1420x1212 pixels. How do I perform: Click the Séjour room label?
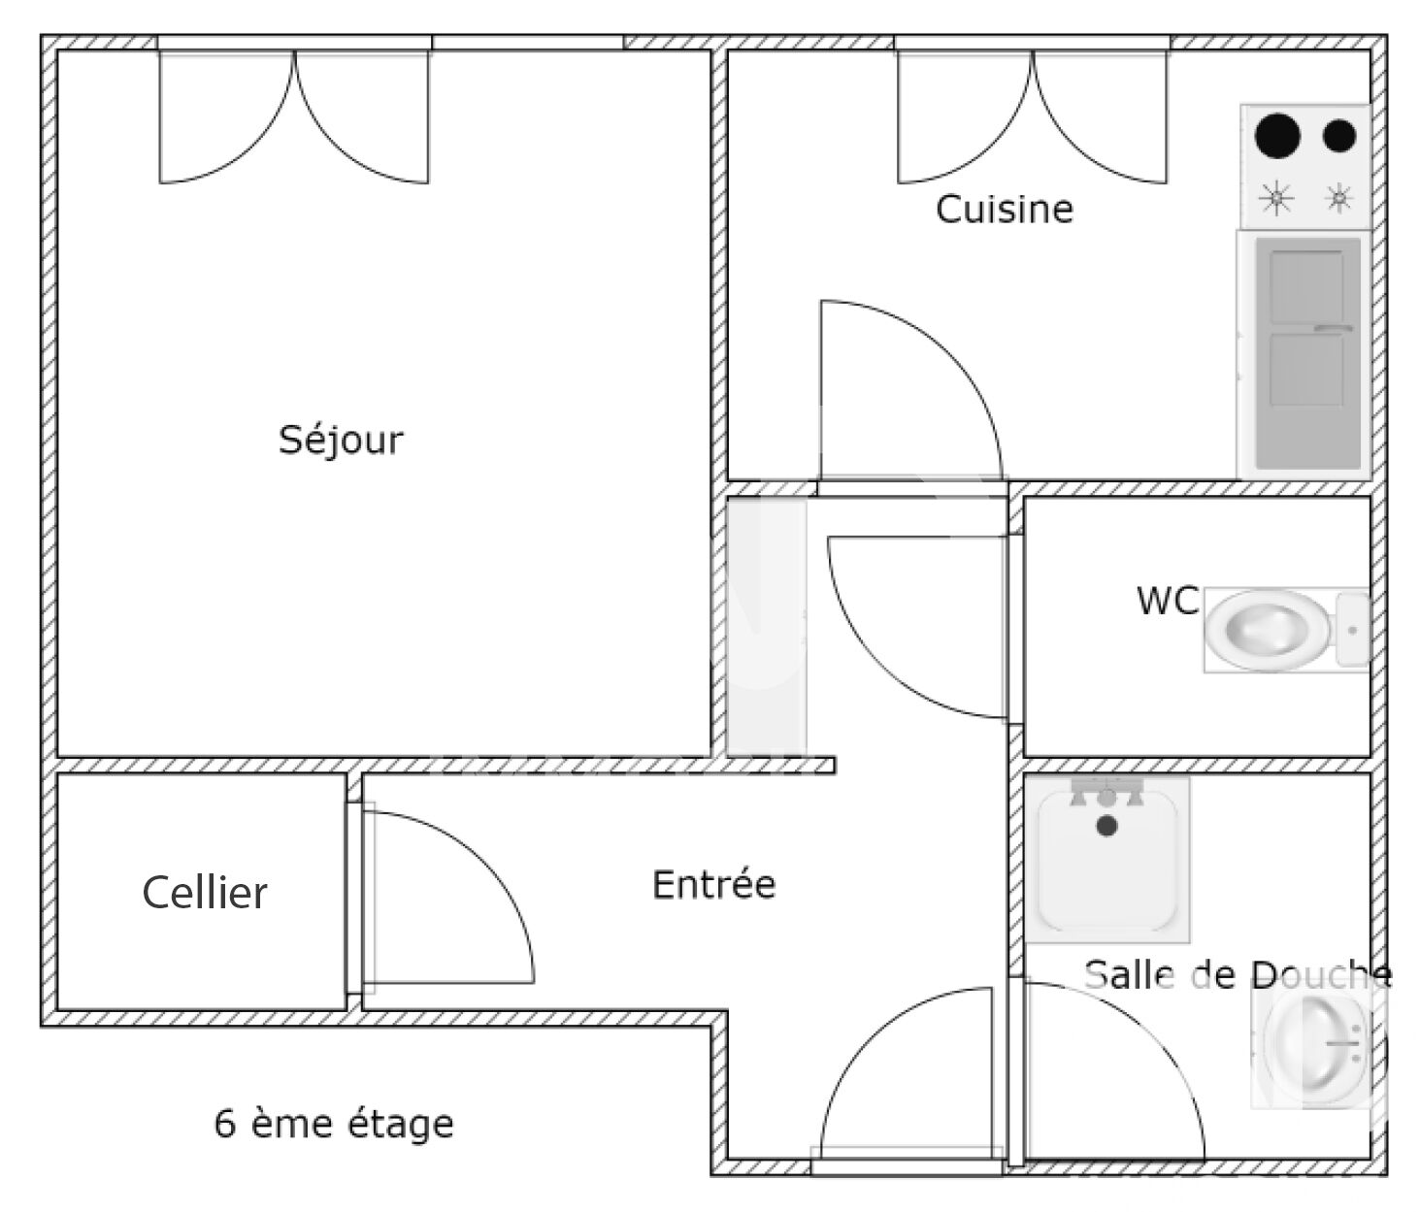pyautogui.click(x=341, y=441)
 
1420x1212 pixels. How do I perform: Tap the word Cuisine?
pyautogui.click(x=1005, y=209)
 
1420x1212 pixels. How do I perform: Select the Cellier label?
pyautogui.click(x=205, y=893)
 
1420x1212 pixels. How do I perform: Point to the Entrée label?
pyautogui.click(x=713, y=883)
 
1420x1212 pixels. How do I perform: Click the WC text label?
pyautogui.click(x=1168, y=601)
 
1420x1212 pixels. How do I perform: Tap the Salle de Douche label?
pyautogui.click(x=1238, y=975)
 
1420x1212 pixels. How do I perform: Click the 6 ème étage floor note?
pyautogui.click(x=334, y=1124)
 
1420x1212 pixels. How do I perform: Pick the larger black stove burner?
pyautogui.click(x=1277, y=135)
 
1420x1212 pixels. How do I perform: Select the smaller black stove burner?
pyautogui.click(x=1338, y=135)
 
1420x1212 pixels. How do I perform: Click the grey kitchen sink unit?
pyautogui.click(x=1308, y=353)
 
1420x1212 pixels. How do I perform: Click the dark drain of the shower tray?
pyautogui.click(x=1106, y=826)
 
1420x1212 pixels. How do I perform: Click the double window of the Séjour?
pyautogui.click(x=294, y=115)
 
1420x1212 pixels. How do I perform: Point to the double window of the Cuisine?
pyautogui.click(x=1032, y=115)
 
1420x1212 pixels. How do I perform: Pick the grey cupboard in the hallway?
pyautogui.click(x=767, y=627)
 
